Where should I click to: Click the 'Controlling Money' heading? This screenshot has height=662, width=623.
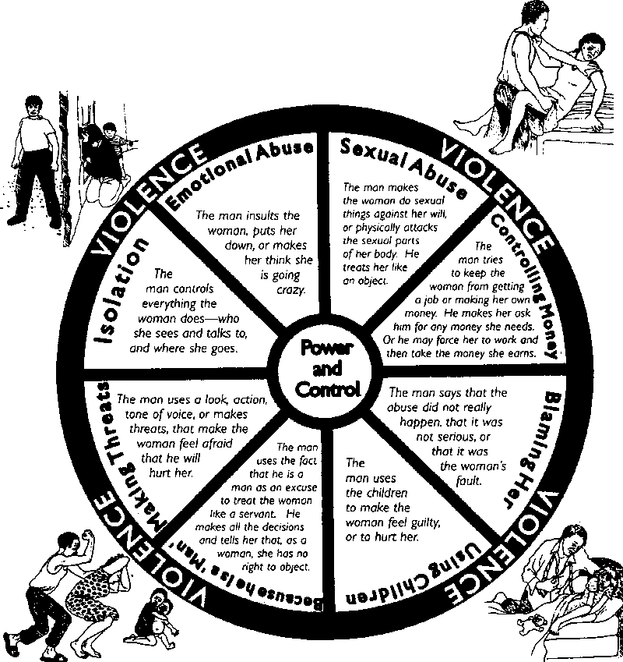[x=524, y=289]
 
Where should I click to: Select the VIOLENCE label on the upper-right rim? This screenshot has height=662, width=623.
[x=505, y=187]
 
